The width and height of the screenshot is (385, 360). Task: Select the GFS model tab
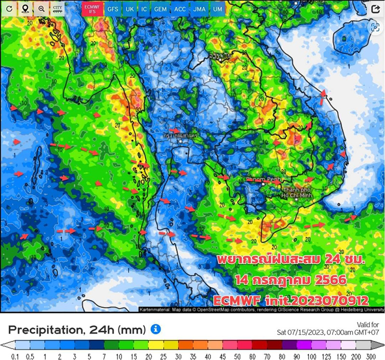point(113,9)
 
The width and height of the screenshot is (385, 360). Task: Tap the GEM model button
point(161,9)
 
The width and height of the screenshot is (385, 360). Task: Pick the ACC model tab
point(180,9)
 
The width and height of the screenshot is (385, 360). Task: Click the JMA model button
point(199,9)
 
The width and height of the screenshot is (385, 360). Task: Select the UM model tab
point(218,9)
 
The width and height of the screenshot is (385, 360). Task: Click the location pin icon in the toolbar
point(25,9)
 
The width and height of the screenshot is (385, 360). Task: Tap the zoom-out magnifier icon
point(41,9)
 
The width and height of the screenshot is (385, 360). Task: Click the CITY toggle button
point(58,9)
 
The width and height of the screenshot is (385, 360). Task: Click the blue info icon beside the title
point(155,329)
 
